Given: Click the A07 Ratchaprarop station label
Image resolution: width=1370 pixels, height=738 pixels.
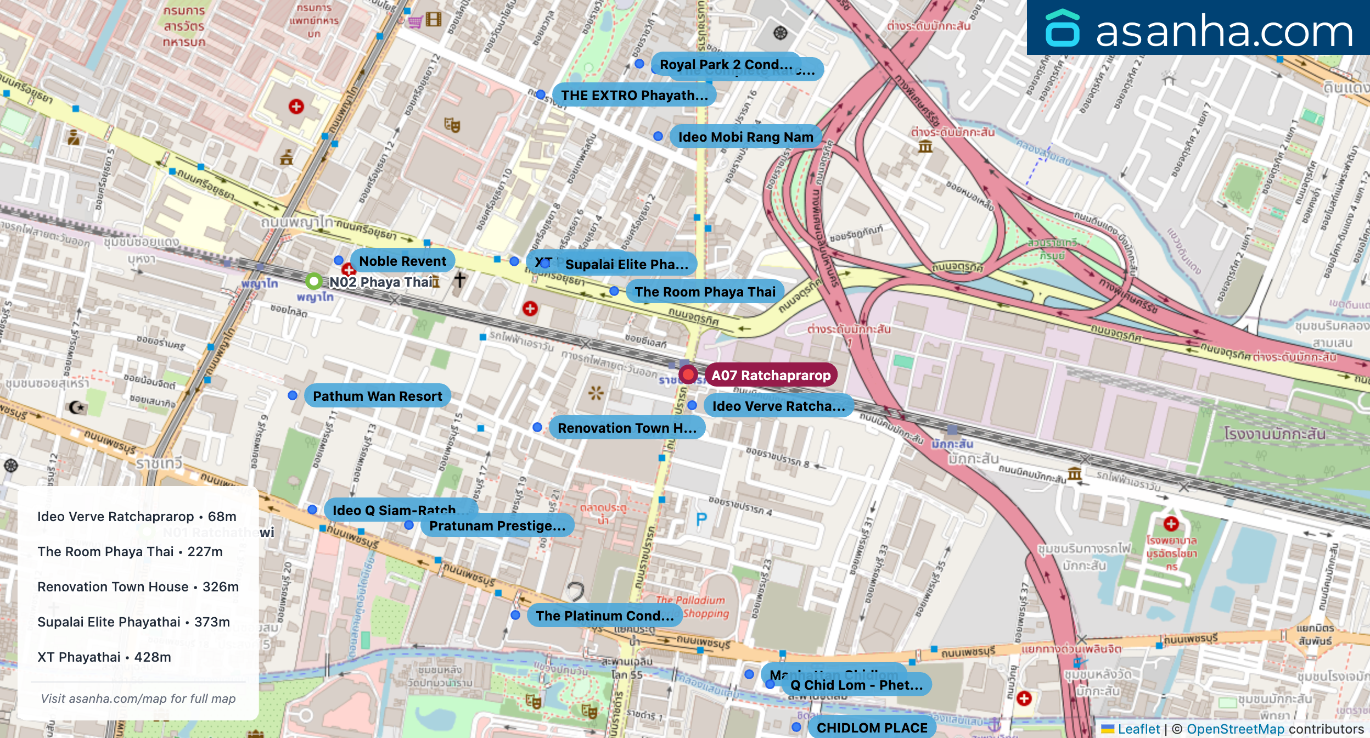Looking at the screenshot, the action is tap(771, 375).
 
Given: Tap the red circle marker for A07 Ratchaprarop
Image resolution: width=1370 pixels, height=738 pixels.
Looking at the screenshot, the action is tap(688, 374).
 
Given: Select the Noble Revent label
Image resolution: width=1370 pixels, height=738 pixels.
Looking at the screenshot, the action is tap(402, 261).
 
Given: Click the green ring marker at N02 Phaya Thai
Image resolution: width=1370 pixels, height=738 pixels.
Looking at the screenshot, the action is tap(313, 282).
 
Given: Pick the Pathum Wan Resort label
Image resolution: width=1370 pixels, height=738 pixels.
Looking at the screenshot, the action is tap(377, 396).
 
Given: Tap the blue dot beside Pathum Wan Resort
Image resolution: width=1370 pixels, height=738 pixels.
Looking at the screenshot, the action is tap(293, 395).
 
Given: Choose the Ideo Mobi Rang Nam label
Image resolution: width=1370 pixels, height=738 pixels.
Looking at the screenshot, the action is tap(745, 137).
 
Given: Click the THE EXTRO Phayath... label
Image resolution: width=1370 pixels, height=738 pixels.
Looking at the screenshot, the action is tap(634, 95).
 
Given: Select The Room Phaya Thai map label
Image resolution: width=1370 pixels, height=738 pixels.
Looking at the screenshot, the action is tap(705, 292).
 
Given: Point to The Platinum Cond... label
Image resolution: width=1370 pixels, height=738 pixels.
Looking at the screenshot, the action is tap(604, 616).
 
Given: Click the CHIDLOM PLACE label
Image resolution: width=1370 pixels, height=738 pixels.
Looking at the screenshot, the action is tap(872, 728).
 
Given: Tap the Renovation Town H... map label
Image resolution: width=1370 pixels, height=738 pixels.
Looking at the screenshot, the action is tap(627, 428).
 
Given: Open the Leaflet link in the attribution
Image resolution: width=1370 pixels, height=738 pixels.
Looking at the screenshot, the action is tap(1138, 729).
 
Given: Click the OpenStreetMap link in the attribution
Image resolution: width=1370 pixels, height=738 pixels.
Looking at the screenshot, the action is tap(1235, 729).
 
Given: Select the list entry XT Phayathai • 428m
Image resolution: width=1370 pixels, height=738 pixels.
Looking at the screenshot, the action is tap(104, 657).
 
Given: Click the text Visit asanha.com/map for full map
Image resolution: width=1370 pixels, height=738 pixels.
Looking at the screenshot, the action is tap(138, 698).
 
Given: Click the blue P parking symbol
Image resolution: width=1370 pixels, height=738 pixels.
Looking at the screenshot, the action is tap(701, 519).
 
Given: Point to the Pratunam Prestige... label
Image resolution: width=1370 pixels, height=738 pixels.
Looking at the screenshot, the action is tap(497, 525).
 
